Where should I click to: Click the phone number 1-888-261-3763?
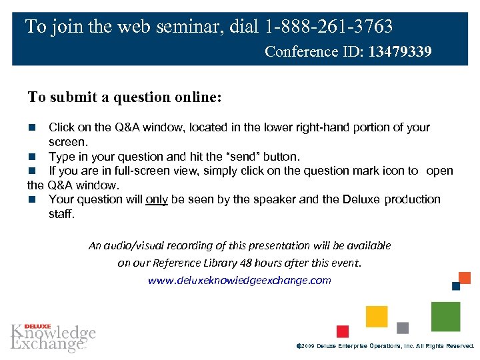pos(328,27)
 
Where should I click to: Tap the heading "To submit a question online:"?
pos(125,97)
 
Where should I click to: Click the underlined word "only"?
pos(156,199)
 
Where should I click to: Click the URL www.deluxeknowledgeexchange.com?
pos(239,280)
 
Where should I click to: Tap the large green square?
pos(445,316)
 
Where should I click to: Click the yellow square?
pos(377,316)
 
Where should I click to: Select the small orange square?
pos(465,277)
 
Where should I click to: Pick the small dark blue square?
pos(456,286)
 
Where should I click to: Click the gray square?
pos(403,328)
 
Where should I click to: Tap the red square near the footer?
pos(343,331)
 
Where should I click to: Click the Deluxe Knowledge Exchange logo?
pos(53,337)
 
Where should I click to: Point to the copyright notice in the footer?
pos(384,347)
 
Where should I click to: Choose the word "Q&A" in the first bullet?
pos(126,127)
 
